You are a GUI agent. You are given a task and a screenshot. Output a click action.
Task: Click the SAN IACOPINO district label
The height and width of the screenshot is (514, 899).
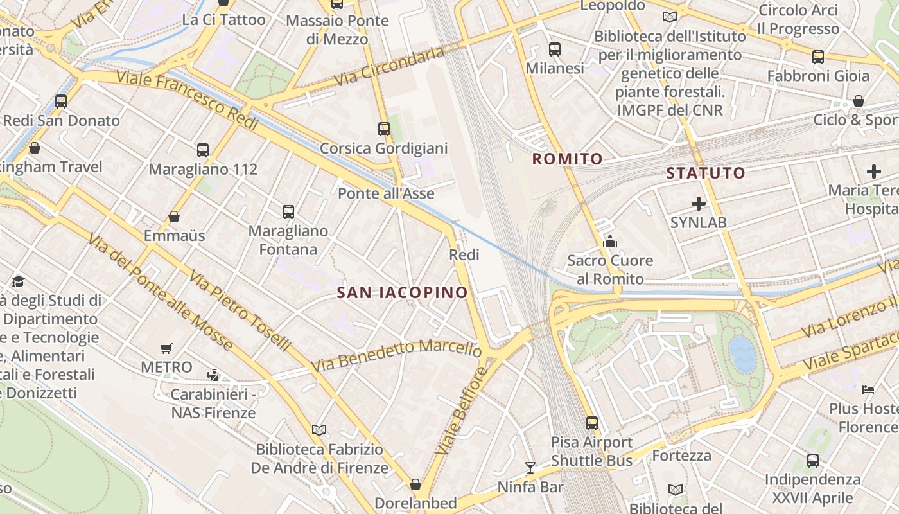403,293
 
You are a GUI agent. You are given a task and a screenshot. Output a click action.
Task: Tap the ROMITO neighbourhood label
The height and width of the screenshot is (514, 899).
568,159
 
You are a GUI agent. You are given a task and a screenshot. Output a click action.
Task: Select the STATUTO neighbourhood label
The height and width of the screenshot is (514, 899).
706,173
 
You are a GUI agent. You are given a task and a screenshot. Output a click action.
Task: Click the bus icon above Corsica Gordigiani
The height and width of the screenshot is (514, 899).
384,128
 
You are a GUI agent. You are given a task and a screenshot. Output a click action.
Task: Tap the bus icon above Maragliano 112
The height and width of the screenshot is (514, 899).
203,150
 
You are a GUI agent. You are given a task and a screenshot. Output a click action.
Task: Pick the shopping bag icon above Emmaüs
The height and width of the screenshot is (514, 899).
174,217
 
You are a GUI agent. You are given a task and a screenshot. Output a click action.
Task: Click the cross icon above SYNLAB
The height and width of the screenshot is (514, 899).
699,204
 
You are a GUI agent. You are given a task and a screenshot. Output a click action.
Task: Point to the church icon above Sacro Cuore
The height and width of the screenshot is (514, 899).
610,242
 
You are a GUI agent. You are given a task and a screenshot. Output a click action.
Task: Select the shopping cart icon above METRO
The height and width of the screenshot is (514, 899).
166,348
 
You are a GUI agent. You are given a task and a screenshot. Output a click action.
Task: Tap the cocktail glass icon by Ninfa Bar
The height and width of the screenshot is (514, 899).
530,467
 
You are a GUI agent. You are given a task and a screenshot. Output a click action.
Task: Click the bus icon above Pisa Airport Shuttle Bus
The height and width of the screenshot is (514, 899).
592,423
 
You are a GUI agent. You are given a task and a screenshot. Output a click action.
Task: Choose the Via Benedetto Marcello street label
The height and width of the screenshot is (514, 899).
396,354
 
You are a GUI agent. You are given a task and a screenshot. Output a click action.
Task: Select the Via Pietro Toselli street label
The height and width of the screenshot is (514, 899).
240,310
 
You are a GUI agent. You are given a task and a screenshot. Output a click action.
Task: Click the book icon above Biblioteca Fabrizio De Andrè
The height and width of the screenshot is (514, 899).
319,429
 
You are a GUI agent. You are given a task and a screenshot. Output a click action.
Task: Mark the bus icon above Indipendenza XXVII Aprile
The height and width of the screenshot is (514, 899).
813,460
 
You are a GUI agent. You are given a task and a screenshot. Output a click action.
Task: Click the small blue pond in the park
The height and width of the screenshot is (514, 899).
744,354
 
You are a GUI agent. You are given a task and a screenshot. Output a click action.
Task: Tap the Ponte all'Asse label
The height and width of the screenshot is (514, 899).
386,193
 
